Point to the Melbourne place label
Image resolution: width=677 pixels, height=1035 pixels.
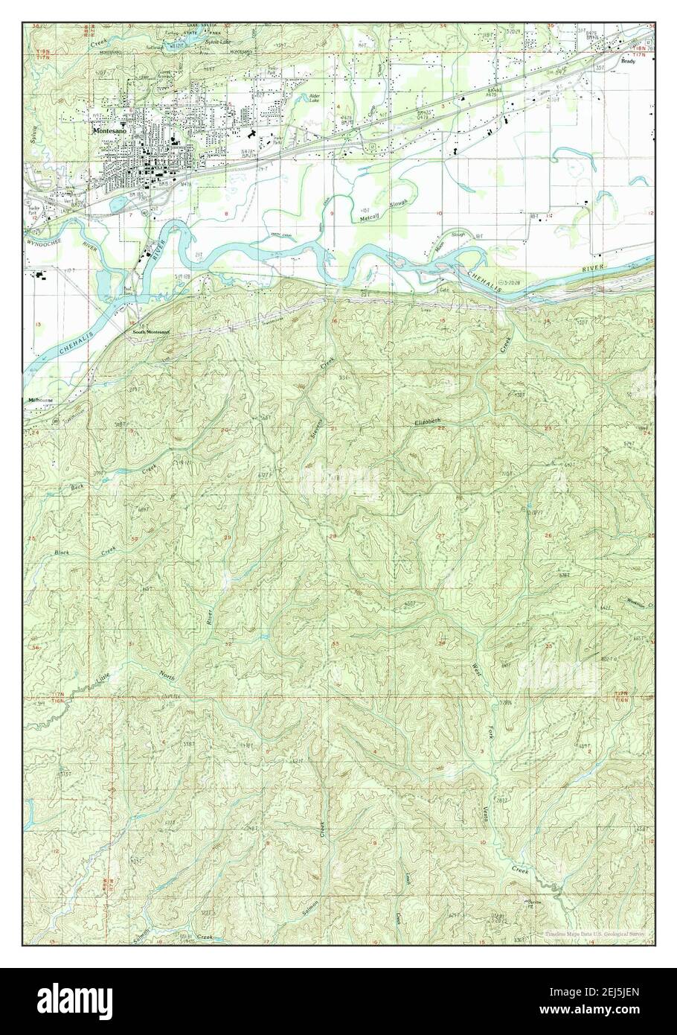point(39,400)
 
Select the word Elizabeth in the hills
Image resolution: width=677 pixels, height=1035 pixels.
point(428,422)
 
